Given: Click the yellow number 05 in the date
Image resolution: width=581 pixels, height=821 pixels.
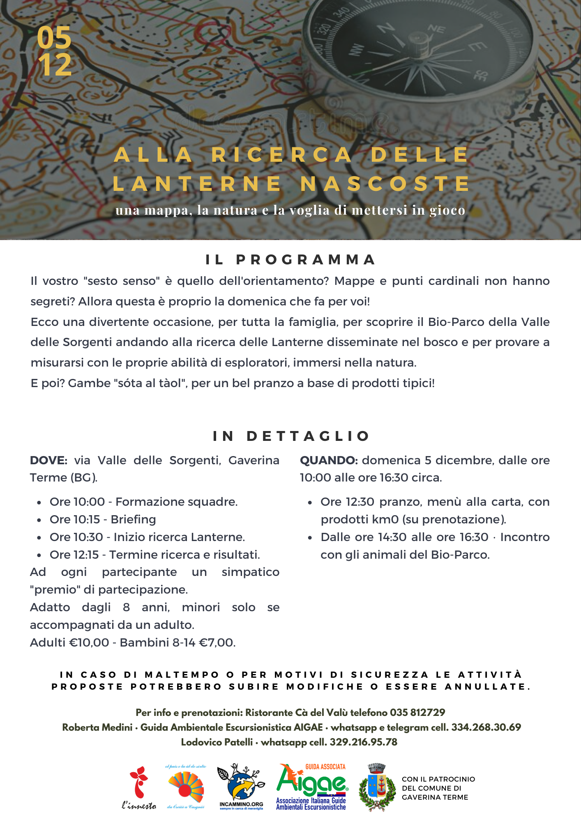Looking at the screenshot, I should tap(54, 38).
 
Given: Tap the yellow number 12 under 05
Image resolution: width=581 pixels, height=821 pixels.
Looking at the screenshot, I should tap(55, 65).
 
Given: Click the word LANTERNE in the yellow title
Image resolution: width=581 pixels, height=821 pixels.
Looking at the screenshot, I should tap(197, 183).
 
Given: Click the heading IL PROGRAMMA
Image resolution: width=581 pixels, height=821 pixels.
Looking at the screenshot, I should tap(290, 259).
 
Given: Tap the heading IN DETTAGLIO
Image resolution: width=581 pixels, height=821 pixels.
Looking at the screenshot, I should tap(290, 436).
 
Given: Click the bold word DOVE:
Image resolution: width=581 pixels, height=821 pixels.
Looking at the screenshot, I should tap(48, 460).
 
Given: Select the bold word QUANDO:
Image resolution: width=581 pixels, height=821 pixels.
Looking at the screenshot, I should tap(329, 460).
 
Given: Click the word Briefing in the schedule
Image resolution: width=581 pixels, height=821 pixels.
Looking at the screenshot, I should tap(133, 519).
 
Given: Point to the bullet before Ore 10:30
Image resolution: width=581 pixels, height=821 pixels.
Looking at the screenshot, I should tap(39, 538).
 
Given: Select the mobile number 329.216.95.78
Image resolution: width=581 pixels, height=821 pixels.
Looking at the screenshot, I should tap(363, 742).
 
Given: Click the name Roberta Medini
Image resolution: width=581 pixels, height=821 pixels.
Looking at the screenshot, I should tap(97, 727).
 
